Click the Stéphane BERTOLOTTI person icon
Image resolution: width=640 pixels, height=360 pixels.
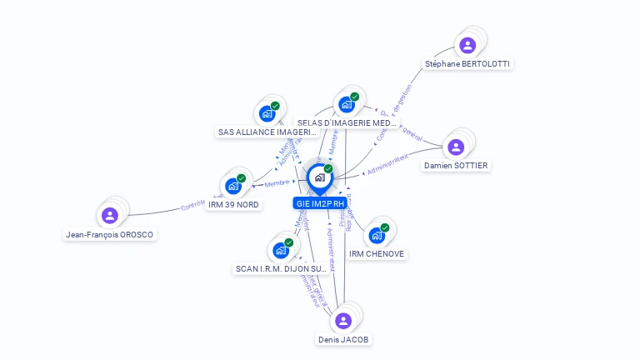coord(467,45)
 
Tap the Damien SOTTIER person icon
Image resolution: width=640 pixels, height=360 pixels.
coord(456,147)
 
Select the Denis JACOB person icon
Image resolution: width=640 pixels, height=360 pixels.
coord(343,321)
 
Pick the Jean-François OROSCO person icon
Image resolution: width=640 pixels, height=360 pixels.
coord(110,216)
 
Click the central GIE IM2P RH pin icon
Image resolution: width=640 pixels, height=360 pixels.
coord(319,177)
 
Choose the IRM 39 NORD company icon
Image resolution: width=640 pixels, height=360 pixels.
coord(233,186)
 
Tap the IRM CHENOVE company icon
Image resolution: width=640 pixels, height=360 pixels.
coord(377,235)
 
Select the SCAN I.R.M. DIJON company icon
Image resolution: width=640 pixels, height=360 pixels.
coord(281,250)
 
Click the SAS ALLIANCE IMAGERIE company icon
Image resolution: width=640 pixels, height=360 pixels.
coord(267,113)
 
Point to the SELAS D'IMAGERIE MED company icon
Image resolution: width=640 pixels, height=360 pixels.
coord(347,104)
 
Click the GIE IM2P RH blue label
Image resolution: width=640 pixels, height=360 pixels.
coord(319,203)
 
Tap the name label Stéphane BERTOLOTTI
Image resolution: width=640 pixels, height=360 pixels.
coord(467,64)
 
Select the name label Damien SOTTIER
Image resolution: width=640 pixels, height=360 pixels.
coord(456,166)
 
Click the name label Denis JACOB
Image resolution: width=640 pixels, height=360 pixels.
coord(343,340)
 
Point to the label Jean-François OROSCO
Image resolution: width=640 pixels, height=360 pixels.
coord(111,235)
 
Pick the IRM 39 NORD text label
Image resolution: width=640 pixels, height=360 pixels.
coord(234,205)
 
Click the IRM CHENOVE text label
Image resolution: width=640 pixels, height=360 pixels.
coord(377,254)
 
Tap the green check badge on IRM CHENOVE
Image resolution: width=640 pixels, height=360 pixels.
coord(385,227)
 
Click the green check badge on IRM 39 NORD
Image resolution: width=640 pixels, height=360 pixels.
coord(241,177)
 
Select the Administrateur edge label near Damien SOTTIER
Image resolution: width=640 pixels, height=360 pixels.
coord(388,160)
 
